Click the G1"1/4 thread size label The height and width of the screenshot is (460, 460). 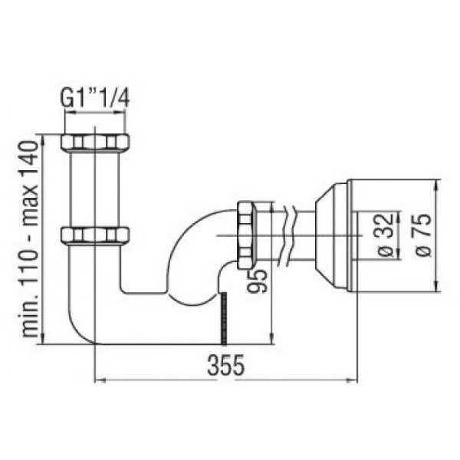(94, 99)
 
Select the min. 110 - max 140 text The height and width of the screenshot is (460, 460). (31, 239)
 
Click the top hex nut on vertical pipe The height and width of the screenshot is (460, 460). (94, 143)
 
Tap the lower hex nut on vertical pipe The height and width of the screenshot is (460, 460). (94, 235)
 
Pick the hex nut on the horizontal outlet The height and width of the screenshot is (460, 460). (246, 235)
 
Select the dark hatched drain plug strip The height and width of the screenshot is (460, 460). (224, 318)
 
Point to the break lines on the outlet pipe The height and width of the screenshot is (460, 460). (287, 235)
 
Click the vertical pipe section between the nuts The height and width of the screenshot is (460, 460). (94, 189)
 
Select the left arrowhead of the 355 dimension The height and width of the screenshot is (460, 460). (97, 379)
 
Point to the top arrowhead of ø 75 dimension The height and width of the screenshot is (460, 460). (437, 184)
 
